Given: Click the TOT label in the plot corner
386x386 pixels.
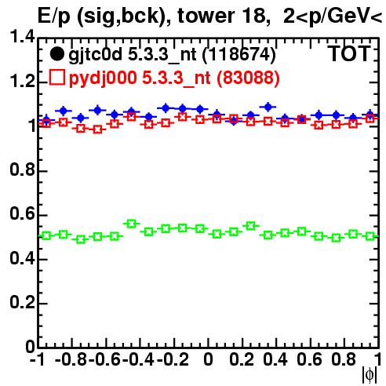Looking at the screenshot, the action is coord(349,54).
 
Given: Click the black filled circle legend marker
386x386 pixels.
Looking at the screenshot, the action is coord(56,54).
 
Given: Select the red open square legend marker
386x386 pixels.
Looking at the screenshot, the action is coord(57,77).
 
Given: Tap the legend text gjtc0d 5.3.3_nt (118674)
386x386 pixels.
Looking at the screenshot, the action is coord(172,55).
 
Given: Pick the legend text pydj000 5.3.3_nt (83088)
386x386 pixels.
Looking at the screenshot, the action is coord(174,78).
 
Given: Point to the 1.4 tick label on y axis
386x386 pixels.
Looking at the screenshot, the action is coord(22,36).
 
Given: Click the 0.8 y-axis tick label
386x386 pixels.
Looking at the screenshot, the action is coord(22,169).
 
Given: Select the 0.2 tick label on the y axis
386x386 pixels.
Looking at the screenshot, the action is coord(22,302).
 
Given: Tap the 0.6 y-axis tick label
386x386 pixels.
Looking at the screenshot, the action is coord(22,213).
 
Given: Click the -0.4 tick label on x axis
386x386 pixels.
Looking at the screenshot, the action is coord(138,359).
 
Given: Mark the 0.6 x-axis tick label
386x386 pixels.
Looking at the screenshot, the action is coord(309,359).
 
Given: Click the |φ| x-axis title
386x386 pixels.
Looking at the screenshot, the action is coord(370,375).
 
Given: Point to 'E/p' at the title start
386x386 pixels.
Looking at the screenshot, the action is coord(54,16).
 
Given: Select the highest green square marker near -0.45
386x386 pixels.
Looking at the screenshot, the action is coord(132,224).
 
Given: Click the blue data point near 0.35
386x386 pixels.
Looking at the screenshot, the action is coord(268,107).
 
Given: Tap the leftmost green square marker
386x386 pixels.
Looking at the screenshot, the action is coord(46,236).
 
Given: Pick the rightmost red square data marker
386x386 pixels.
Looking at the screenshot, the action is coord(370,119).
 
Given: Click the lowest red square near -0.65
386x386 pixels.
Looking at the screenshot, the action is coord(97,129).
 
